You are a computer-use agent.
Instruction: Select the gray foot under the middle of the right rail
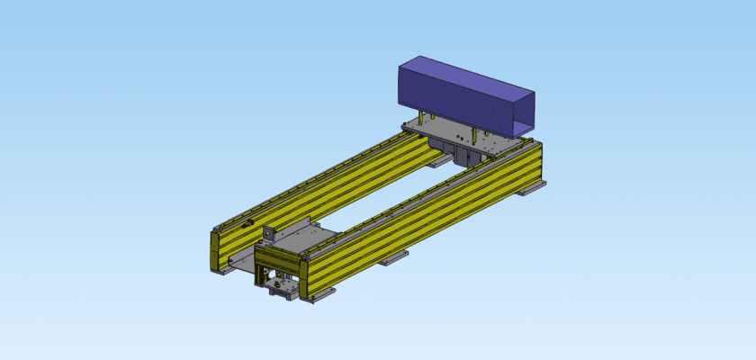(x=392, y=259)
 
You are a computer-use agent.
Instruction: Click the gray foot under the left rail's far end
(x=438, y=161)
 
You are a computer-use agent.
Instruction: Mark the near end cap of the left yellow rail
(x=216, y=251)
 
